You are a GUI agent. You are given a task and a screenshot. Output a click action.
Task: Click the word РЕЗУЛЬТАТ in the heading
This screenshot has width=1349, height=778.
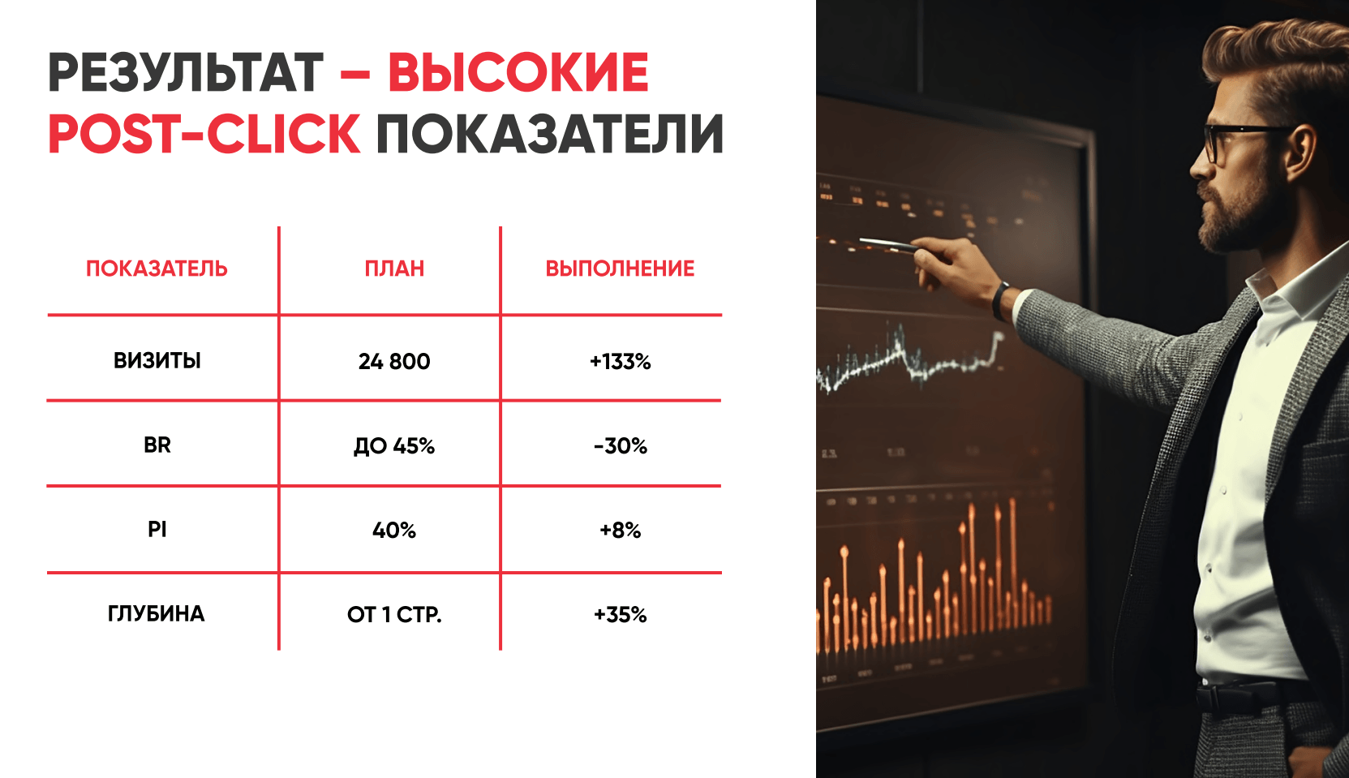[x=186, y=73]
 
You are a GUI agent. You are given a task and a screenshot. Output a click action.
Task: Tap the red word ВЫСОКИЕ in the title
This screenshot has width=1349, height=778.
[x=518, y=73]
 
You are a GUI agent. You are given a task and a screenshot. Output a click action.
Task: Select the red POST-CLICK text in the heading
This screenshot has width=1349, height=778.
[x=204, y=134]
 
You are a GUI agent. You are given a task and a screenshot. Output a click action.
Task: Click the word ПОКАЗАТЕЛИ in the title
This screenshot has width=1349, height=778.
[x=550, y=134]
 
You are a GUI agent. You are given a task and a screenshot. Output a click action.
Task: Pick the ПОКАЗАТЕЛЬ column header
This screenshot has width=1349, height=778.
[x=157, y=269]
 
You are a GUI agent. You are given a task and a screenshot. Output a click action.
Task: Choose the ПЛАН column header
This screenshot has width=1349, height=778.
[x=394, y=269]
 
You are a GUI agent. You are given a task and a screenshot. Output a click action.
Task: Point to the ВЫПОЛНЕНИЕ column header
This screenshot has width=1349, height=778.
[x=620, y=269]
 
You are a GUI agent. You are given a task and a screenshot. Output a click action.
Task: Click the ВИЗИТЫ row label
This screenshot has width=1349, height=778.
[x=157, y=361]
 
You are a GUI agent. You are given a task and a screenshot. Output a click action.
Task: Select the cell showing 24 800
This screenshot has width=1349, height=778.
[x=394, y=361]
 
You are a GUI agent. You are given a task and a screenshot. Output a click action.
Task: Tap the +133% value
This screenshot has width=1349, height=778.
[x=621, y=361]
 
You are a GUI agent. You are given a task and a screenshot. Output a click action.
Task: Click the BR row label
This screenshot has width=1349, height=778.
[x=157, y=445]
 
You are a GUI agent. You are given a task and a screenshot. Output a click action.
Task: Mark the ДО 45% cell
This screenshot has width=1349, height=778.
[x=394, y=445]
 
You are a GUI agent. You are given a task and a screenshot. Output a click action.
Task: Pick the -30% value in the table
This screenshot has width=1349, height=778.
[x=621, y=445]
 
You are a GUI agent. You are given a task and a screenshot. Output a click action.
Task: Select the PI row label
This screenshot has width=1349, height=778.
[x=157, y=529]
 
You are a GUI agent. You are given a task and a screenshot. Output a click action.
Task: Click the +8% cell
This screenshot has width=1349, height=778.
[x=621, y=530]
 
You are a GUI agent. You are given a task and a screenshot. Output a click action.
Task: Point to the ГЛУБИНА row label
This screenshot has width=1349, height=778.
[x=157, y=613]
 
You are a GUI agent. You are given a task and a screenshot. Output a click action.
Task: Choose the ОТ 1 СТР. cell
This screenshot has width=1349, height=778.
[x=394, y=614]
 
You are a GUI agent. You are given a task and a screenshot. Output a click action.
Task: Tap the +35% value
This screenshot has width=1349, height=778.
[x=621, y=614]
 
